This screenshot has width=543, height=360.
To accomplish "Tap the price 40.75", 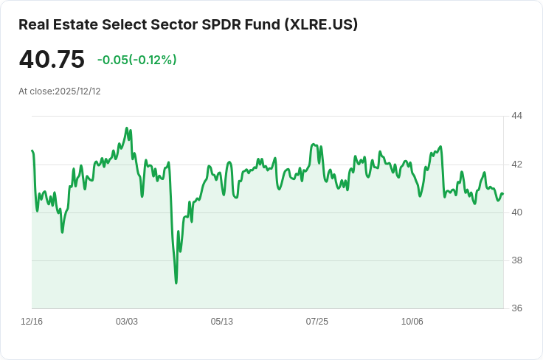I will (x=52, y=60).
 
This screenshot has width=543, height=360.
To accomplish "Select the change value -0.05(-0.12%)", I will (x=137, y=60).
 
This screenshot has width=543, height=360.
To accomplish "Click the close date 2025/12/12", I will (x=77, y=91).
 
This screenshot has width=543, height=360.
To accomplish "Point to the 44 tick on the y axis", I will (x=516, y=116).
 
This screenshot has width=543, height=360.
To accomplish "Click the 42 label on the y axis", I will (x=516, y=164).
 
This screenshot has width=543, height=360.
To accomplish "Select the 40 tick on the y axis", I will (x=516, y=212).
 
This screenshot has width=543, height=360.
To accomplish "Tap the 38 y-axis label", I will (x=516, y=260).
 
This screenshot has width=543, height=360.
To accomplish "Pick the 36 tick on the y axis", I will (x=516, y=308).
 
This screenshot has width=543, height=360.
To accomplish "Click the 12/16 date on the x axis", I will (x=32, y=322).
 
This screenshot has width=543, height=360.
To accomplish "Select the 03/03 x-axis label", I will (x=127, y=322).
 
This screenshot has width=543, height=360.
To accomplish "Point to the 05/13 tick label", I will (x=222, y=322).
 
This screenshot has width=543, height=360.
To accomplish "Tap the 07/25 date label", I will (x=317, y=322).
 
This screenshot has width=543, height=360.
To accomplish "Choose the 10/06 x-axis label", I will (x=412, y=322).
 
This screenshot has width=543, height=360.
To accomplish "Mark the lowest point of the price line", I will (x=176, y=283).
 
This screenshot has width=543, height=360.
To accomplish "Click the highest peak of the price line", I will (x=127, y=128).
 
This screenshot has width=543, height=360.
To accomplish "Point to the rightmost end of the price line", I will (x=502, y=194).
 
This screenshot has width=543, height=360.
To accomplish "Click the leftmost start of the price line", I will (x=32, y=150).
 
